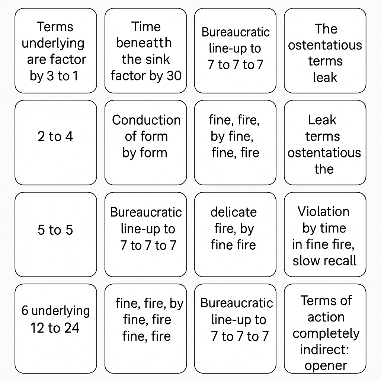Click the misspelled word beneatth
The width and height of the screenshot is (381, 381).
tap(144, 43)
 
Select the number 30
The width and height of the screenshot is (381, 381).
tap(174, 76)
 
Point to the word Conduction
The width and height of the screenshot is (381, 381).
tap(146, 120)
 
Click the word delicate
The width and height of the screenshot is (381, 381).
tap(234, 212)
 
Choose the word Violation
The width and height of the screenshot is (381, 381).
tap(323, 211)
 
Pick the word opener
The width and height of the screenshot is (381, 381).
tap(326, 366)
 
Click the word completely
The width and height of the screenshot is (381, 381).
tap(326, 334)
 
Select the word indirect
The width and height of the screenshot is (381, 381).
tap(324, 350)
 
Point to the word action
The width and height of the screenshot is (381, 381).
tap(326, 317)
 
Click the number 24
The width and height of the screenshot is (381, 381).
tap(72, 328)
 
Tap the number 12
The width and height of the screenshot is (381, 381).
tap(38, 328)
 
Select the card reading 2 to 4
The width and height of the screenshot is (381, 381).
tap(56, 143)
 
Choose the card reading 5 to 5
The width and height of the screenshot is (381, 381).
tap(56, 234)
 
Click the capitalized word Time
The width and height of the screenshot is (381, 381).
tap(146, 27)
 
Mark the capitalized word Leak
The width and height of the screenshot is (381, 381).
tap(322, 120)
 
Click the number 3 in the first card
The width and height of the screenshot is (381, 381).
tap(50, 76)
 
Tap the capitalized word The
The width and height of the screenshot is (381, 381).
tap(326, 29)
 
